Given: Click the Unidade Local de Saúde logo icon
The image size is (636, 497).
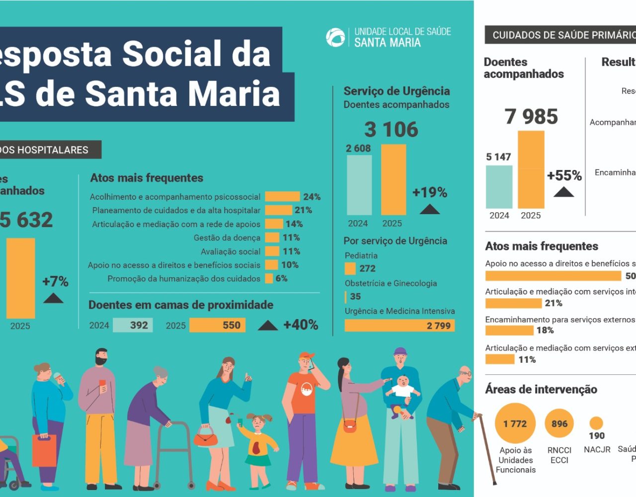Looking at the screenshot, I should click(x=335, y=37).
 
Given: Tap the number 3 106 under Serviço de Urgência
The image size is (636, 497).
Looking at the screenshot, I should click(x=392, y=130).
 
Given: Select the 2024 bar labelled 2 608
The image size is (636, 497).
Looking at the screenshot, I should click(x=359, y=184).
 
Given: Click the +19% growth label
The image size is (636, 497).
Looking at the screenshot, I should click(x=430, y=192).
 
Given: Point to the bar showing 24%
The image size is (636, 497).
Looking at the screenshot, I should click(x=282, y=197).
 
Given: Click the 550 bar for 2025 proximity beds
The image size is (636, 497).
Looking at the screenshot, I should click(x=218, y=325).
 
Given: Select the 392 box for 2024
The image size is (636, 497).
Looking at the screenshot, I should click(x=133, y=325).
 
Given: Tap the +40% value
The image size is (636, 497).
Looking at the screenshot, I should click(x=301, y=325).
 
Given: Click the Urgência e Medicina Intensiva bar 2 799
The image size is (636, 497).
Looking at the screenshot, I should click(x=399, y=326).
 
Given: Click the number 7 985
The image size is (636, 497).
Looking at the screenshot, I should click(x=531, y=117).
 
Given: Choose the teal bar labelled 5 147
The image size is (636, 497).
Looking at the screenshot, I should click(x=499, y=187).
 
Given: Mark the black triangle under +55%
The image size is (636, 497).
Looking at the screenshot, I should click(x=564, y=192).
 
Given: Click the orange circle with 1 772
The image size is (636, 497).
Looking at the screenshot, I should click(x=515, y=423).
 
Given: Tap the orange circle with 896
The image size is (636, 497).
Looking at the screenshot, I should click(x=559, y=423).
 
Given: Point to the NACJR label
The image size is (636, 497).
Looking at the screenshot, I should click(x=597, y=449).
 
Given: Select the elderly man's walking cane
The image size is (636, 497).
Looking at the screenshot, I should click(x=486, y=447).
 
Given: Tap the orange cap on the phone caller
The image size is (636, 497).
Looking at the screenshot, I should click(x=307, y=355).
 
